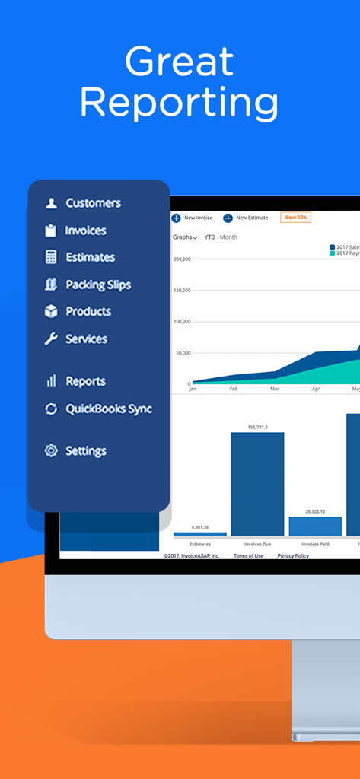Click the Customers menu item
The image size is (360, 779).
coord(92,203)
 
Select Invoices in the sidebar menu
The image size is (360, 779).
coord(85,231)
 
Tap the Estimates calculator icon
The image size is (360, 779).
coord(51,257)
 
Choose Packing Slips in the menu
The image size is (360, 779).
coord(97,285)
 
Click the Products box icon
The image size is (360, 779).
coord(51,311)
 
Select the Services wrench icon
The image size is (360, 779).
coord(51,339)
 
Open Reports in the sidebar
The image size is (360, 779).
coord(84,381)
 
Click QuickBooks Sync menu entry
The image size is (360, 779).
coord(108,409)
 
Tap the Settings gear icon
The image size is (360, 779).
coord(51,450)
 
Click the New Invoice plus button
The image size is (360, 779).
coord(176,218)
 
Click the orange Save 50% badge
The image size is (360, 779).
coord(295,218)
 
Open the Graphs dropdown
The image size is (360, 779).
coord(184,237)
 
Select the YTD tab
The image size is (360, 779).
coord(209,237)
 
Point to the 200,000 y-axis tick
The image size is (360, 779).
coord(181,259)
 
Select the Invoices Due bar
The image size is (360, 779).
coord(257,484)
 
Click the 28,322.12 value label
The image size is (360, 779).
coord(315,512)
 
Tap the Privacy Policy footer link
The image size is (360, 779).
coord(293,556)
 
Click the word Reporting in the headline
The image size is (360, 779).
coord(180,101)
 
